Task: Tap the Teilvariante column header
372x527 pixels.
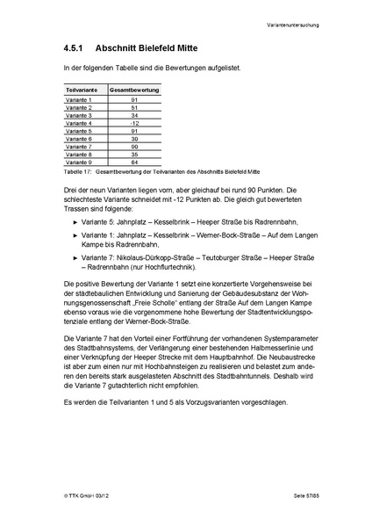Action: point(82,90)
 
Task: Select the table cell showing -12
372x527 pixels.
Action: point(133,123)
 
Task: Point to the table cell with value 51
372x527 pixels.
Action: point(133,108)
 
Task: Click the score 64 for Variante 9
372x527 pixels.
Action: point(133,162)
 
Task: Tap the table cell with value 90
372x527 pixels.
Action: point(133,146)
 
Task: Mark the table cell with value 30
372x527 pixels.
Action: point(133,139)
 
